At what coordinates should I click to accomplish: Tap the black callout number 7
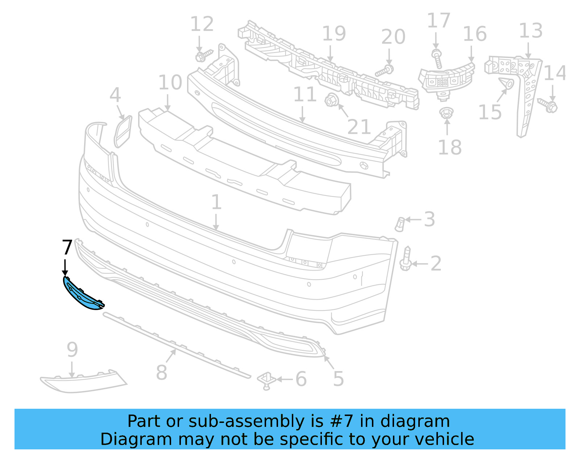click(67, 247)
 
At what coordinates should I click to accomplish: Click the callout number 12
click(202, 24)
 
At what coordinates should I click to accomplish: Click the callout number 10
click(170, 83)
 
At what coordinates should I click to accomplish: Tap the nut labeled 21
click(330, 100)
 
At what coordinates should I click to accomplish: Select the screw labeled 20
click(385, 70)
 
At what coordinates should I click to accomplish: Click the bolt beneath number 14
click(548, 105)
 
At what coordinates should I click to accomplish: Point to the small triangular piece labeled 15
click(506, 84)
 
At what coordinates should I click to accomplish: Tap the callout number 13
click(530, 31)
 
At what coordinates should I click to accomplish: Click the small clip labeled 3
click(400, 224)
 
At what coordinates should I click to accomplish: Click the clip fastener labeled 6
click(267, 380)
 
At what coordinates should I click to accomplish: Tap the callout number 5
click(338, 379)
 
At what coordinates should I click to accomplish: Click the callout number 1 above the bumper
click(216, 202)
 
